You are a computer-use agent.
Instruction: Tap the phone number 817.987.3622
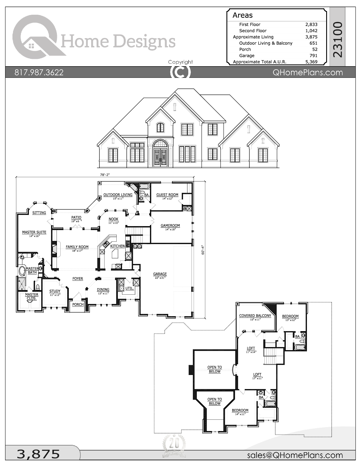[39, 72]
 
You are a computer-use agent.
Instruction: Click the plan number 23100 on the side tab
[338, 39]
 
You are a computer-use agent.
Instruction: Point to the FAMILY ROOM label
[77, 247]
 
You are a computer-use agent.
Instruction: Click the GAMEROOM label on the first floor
[170, 226]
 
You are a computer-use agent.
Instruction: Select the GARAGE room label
[160, 274]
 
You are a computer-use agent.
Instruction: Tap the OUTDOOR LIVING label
[118, 195]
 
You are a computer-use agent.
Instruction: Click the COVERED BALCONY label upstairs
[255, 316]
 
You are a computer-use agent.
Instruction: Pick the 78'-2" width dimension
[105, 175]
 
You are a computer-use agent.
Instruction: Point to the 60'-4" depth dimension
[203, 250]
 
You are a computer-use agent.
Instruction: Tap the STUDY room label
[55, 291]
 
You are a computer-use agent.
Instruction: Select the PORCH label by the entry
[78, 305]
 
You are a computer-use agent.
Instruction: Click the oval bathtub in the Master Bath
[22, 271]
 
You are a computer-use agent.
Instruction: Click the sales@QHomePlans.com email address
[295, 455]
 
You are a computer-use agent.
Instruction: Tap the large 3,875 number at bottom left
[38, 454]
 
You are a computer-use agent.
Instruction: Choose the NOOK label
[114, 219]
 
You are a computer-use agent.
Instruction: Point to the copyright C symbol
[180, 72]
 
